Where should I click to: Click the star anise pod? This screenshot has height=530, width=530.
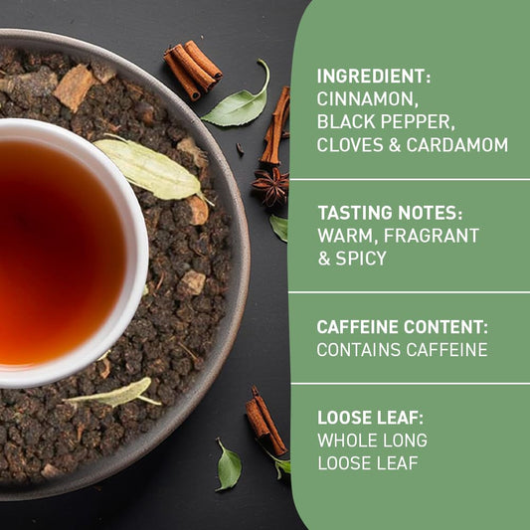pyautogui.click(x=270, y=185)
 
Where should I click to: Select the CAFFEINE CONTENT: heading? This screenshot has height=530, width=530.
pyautogui.click(x=400, y=326)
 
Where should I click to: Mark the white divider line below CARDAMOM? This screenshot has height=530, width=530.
pyautogui.click(x=409, y=179)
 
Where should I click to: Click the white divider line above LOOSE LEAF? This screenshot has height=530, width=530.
pyautogui.click(x=409, y=384)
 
